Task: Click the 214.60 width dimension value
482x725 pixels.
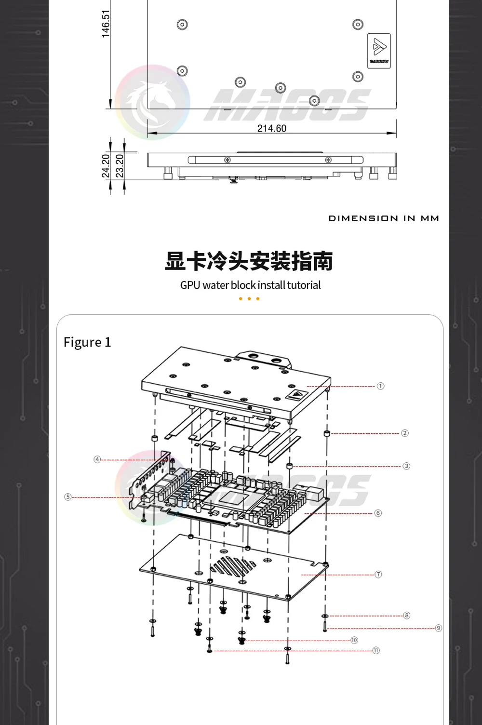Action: [271, 128]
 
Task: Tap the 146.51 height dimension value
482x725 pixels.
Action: [106, 24]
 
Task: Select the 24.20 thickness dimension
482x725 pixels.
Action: [106, 165]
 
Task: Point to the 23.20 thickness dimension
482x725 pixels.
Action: [120, 165]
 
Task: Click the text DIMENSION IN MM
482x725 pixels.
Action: [384, 218]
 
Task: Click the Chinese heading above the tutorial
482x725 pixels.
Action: [249, 261]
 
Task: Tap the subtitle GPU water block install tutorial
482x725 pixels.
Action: [250, 285]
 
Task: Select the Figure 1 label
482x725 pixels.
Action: [87, 342]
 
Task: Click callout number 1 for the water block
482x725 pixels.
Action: [380, 386]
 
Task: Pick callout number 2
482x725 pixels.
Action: [404, 433]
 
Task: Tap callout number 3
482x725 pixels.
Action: [406, 466]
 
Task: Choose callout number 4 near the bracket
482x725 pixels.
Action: [97, 459]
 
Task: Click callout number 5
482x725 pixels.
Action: [68, 497]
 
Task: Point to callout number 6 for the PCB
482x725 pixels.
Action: [378, 513]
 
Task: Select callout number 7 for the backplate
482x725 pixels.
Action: [378, 574]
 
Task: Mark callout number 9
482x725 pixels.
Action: [438, 628]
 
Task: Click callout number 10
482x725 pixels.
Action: [354, 640]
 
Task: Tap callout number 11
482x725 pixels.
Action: [376, 650]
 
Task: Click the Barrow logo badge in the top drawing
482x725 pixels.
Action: [379, 51]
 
